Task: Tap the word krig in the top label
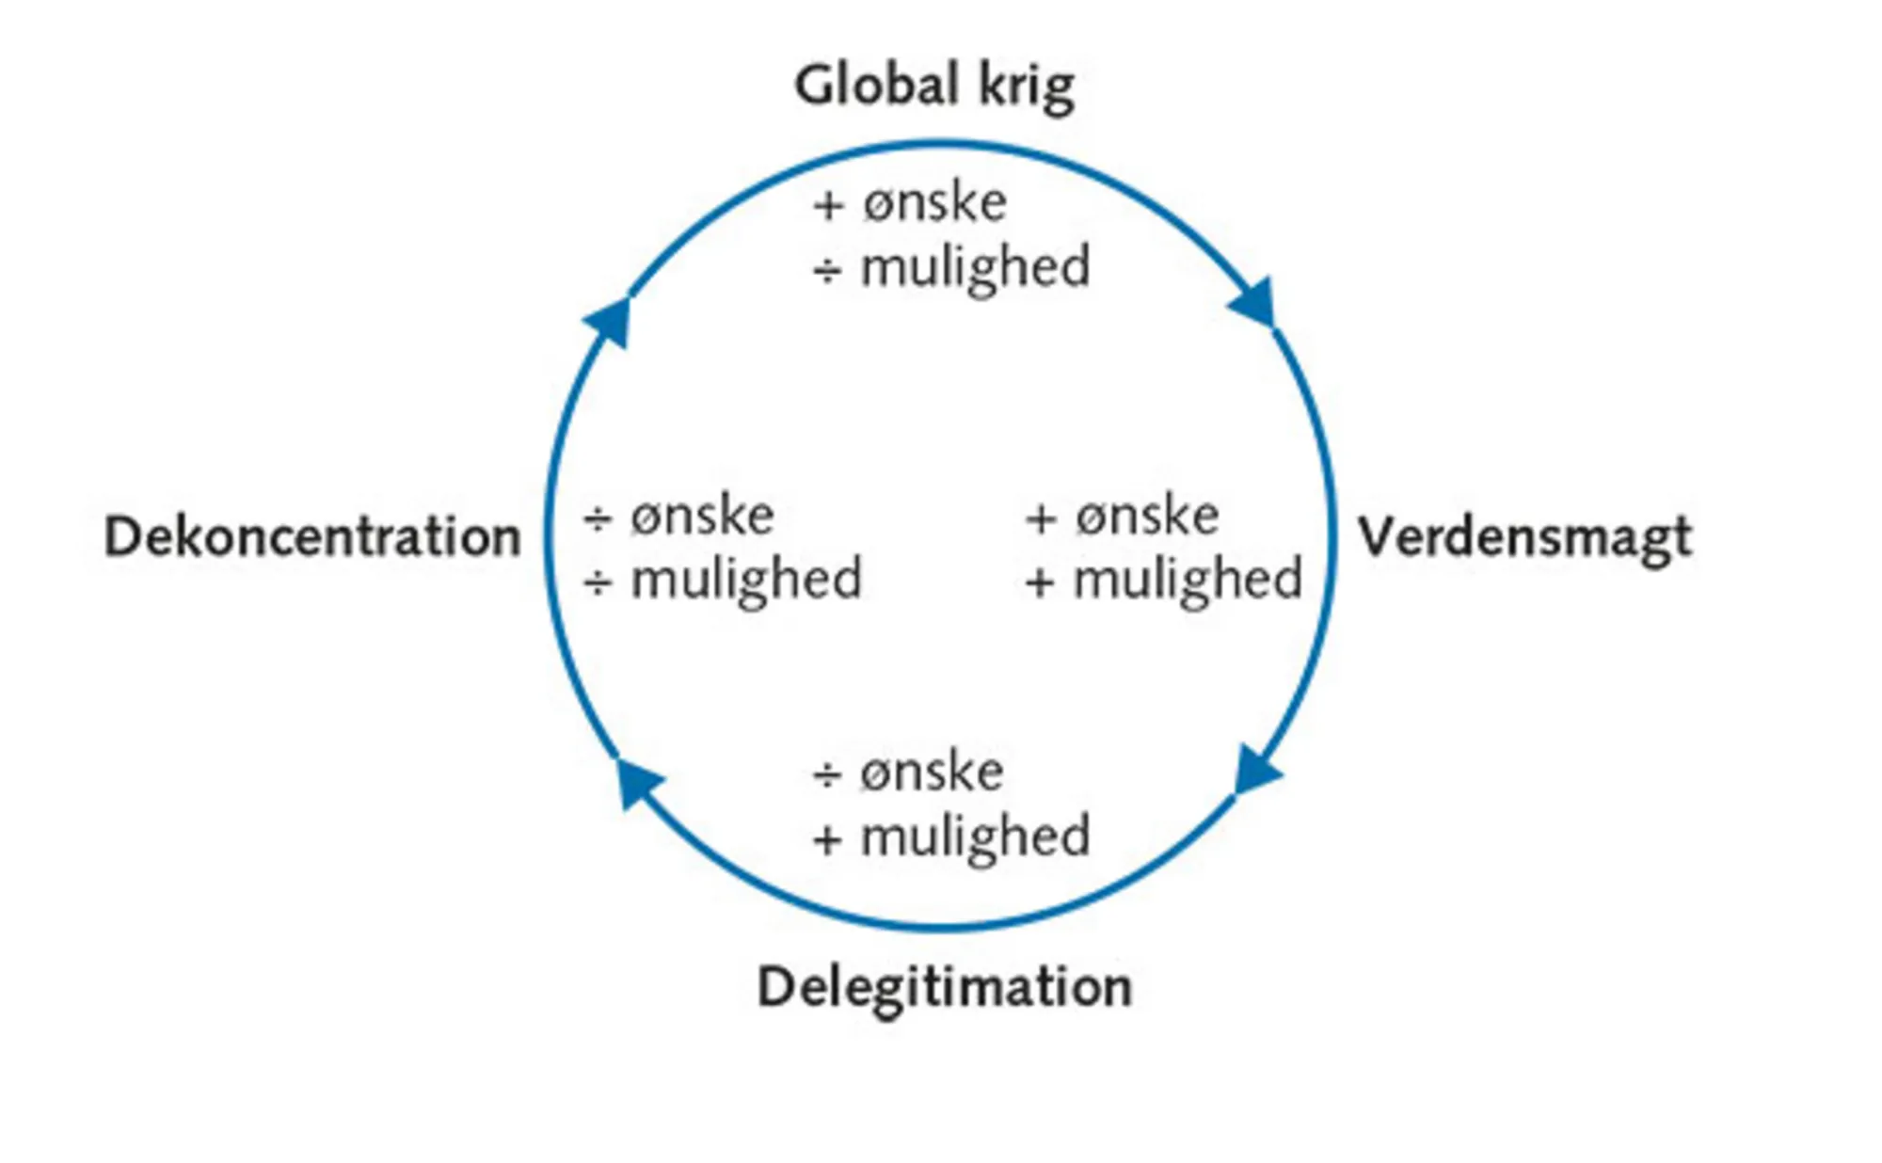pos(1027,88)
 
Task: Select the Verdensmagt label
pos(1524,538)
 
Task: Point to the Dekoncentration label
pos(312,537)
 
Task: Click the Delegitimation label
pos(945,988)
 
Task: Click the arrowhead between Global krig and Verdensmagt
pos(1255,303)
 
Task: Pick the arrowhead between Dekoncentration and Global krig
pos(610,320)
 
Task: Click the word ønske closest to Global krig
pos(935,203)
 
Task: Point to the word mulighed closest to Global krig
pos(976,268)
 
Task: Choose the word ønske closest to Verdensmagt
pos(1147,517)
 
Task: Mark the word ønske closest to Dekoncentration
pos(702,517)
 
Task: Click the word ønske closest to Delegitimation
pos(932,773)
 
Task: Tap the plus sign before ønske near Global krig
pos(828,205)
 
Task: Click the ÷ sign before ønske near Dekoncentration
pos(598,518)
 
